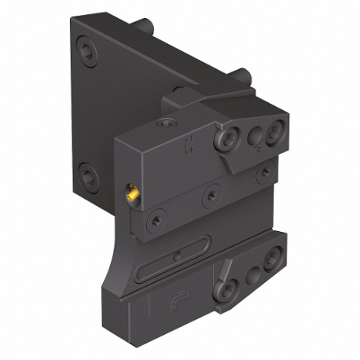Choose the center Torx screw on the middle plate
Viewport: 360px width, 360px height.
pyautogui.click(x=209, y=191)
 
